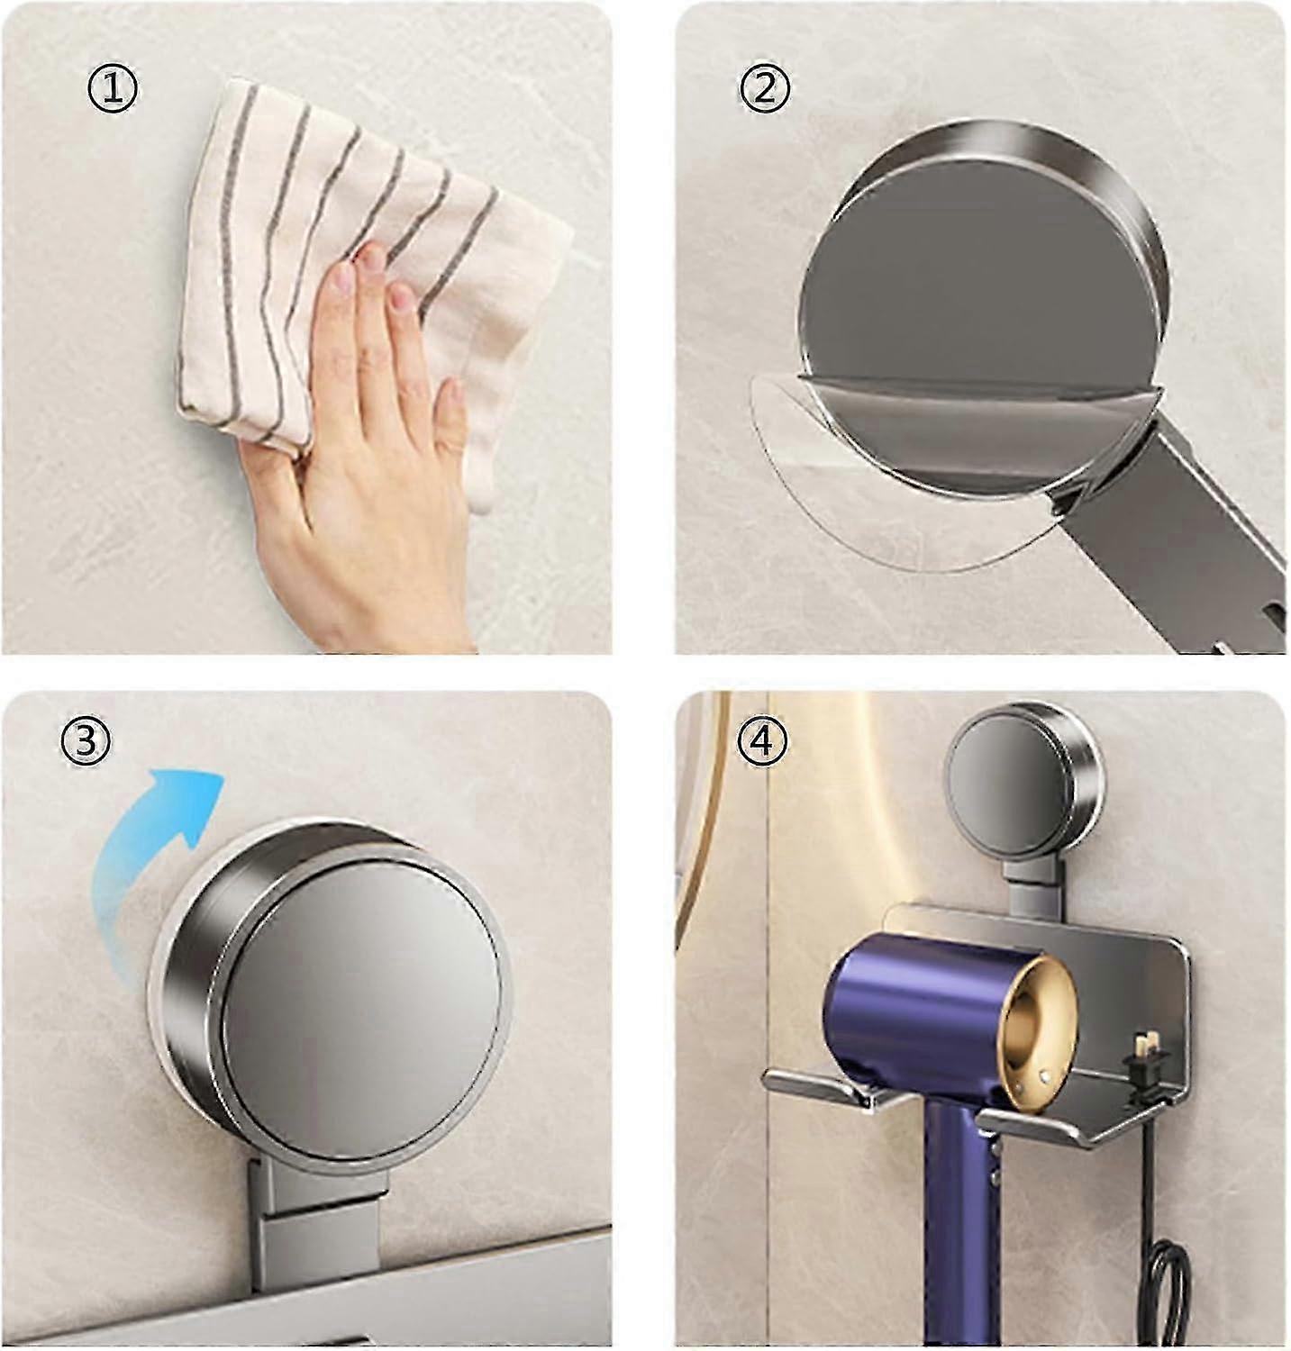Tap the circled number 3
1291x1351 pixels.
pos(86,740)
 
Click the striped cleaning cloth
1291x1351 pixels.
pos(360,270)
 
